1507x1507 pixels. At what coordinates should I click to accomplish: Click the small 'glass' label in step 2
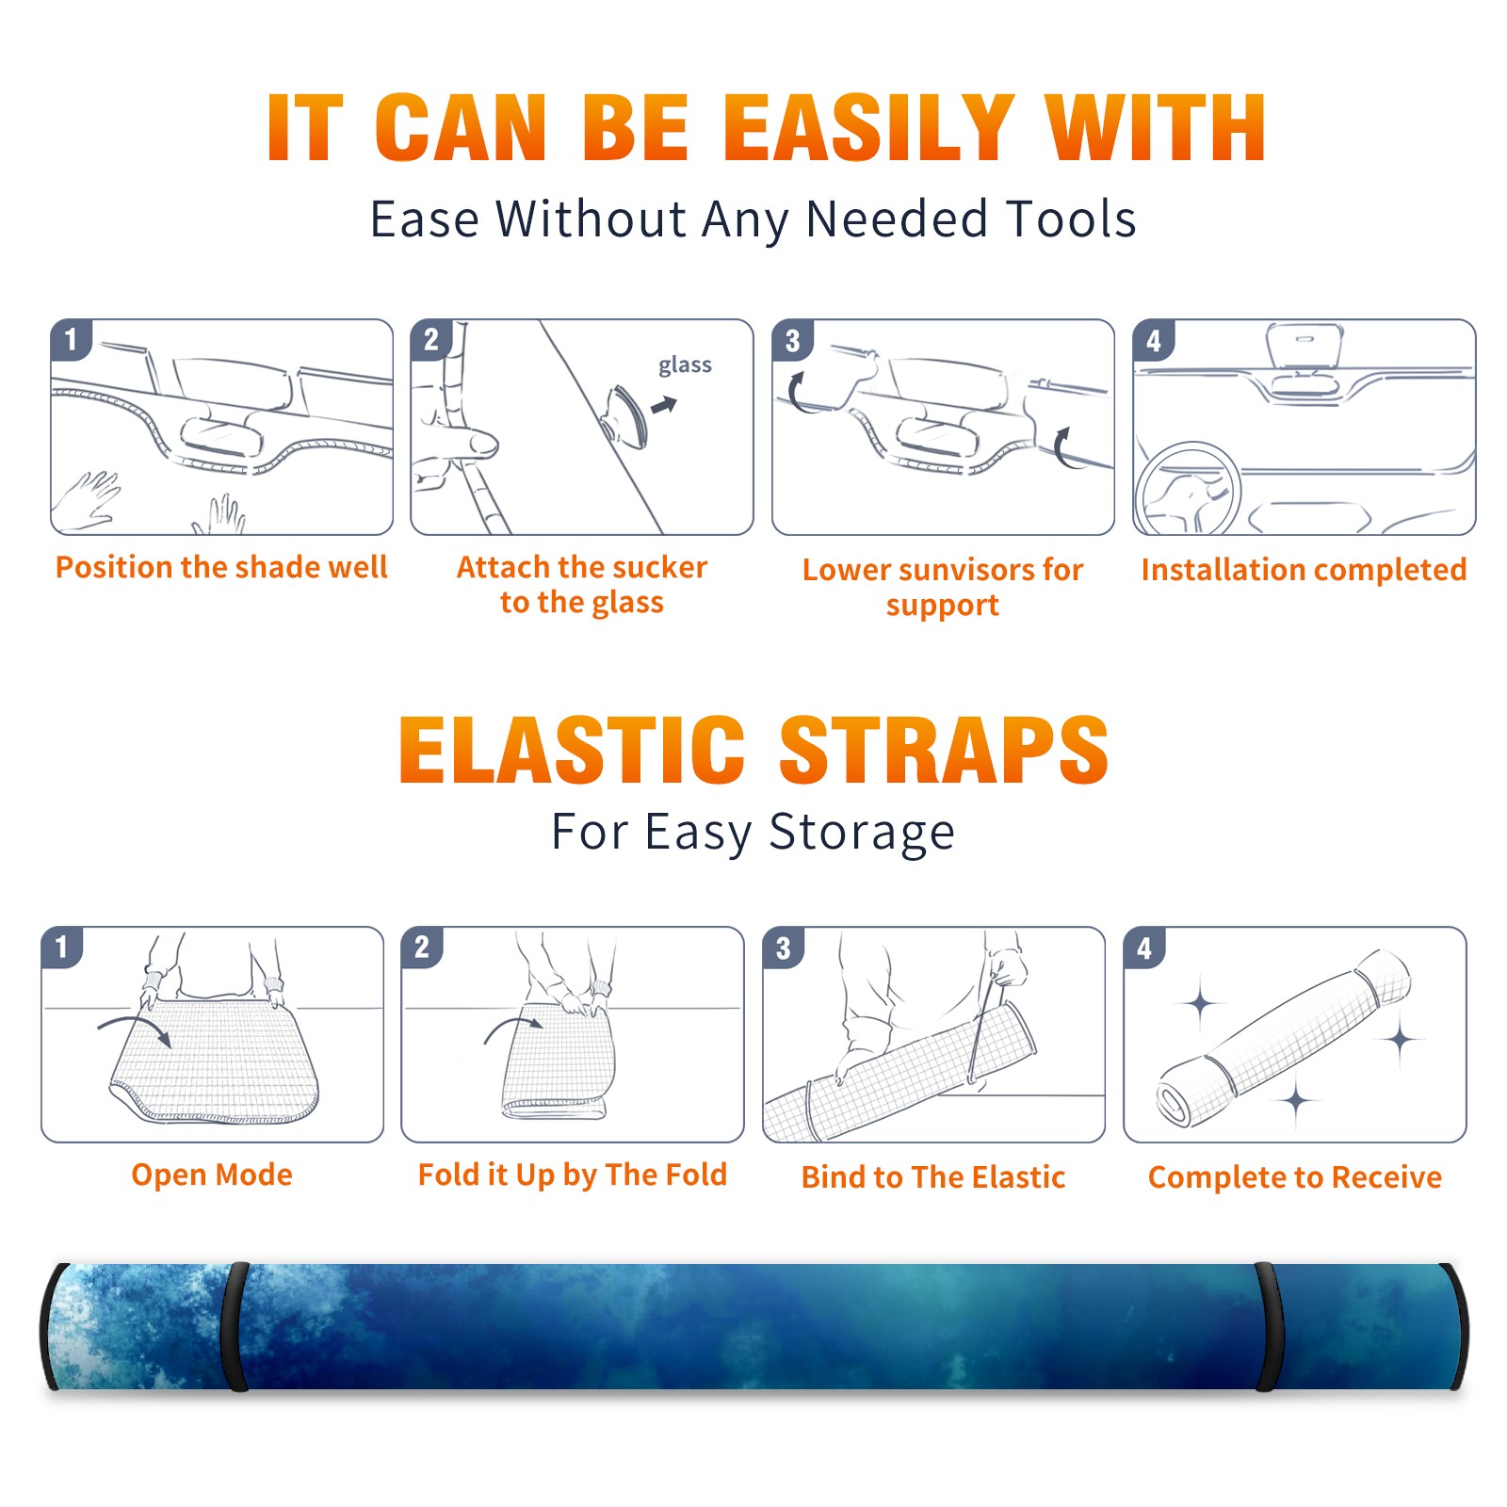point(685,365)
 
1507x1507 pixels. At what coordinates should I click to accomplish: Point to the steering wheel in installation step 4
point(1187,488)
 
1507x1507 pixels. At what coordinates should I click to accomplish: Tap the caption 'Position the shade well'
point(221,567)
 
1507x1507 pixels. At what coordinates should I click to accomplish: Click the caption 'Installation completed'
point(1304,570)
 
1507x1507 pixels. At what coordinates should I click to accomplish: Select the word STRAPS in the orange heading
point(944,750)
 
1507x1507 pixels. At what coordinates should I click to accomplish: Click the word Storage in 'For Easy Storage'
point(862,833)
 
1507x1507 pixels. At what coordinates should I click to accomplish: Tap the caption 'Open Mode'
point(212,1175)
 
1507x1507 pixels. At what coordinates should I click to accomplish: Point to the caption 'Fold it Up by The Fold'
point(573,1175)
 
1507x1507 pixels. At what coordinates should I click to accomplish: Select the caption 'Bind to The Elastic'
point(933,1177)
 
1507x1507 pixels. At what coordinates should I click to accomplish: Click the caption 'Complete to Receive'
point(1295,1177)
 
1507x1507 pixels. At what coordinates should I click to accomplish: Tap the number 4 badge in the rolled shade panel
point(1144,948)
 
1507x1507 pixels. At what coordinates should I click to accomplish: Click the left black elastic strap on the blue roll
point(235,1326)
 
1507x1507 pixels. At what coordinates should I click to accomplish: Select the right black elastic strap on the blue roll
point(1268,1326)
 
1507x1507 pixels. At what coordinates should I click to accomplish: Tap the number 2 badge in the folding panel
point(422,948)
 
